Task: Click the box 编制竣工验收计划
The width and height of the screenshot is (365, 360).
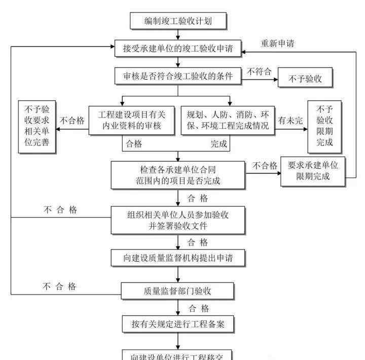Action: [x=178, y=21]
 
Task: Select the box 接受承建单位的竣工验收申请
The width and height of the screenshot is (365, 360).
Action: [x=178, y=49]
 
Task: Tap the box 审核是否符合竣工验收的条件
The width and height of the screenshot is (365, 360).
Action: [x=178, y=77]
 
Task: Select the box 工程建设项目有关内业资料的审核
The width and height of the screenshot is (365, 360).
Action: [x=131, y=120]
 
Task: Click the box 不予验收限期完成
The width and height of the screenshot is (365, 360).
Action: [x=324, y=126]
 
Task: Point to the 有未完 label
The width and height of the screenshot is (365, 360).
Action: [x=290, y=121]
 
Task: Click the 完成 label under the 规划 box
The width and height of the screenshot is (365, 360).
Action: [x=219, y=144]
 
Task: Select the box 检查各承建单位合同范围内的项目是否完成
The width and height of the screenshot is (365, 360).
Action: [x=178, y=174]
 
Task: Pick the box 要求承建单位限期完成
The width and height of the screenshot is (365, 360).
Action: [x=313, y=170]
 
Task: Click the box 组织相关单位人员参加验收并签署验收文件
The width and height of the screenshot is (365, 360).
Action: [x=178, y=220]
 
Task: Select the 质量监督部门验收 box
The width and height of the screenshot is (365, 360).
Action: [x=178, y=291]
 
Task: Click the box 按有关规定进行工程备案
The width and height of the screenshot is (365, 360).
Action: [x=178, y=323]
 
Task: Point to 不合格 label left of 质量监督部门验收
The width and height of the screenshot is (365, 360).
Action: [x=59, y=286]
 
